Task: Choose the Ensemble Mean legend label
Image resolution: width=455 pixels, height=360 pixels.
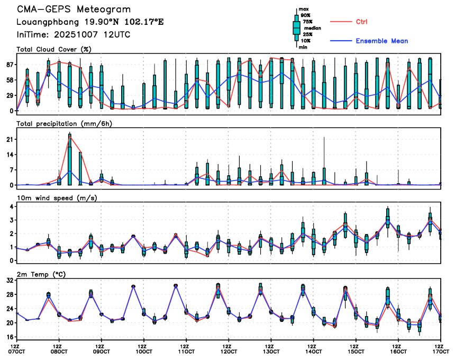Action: click(x=381, y=41)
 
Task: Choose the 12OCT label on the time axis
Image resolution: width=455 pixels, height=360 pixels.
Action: click(x=229, y=351)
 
